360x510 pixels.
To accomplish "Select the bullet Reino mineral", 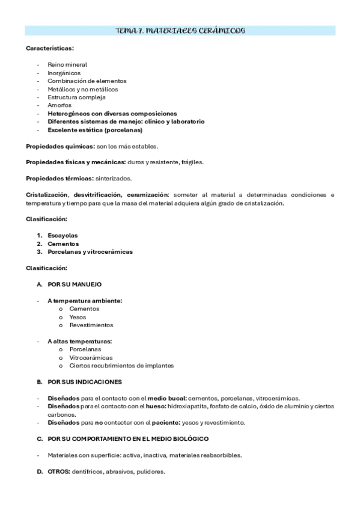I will click(67, 64).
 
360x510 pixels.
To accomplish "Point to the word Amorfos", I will click(59, 105).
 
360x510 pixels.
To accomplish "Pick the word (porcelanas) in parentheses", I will click(123, 129).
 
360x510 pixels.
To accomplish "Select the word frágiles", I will click(191, 162).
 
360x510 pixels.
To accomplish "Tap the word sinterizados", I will click(114, 179).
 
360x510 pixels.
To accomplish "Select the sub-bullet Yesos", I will click(78, 316).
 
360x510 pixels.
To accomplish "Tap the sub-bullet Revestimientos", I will click(91, 325).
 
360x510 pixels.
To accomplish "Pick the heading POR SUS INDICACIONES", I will click(85, 381).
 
